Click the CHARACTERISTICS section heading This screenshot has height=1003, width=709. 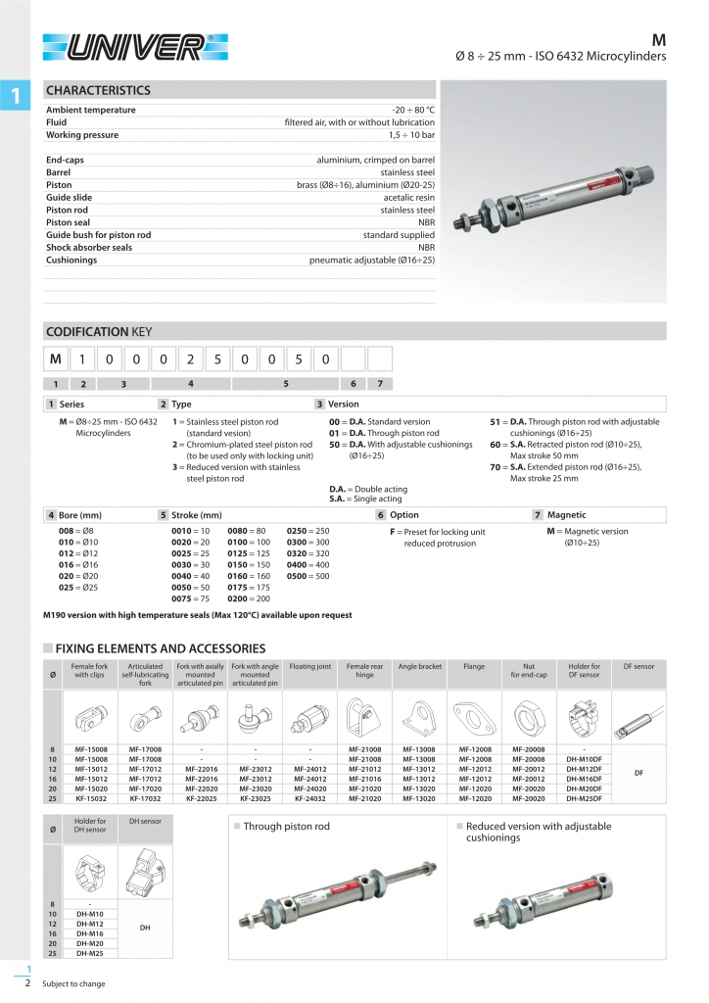tap(99, 90)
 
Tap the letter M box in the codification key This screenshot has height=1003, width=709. tap(57, 359)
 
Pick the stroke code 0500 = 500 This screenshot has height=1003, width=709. tap(307, 576)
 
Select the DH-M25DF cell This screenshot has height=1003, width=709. tap(585, 798)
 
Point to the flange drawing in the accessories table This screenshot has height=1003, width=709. tap(475, 717)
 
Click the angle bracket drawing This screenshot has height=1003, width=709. tap(420, 717)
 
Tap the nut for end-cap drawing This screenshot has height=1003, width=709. tap(530, 717)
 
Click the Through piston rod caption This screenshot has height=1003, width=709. tap(286, 827)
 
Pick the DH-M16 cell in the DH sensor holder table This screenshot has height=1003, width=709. tap(91, 933)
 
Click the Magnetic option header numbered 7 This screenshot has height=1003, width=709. tap(566, 514)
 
